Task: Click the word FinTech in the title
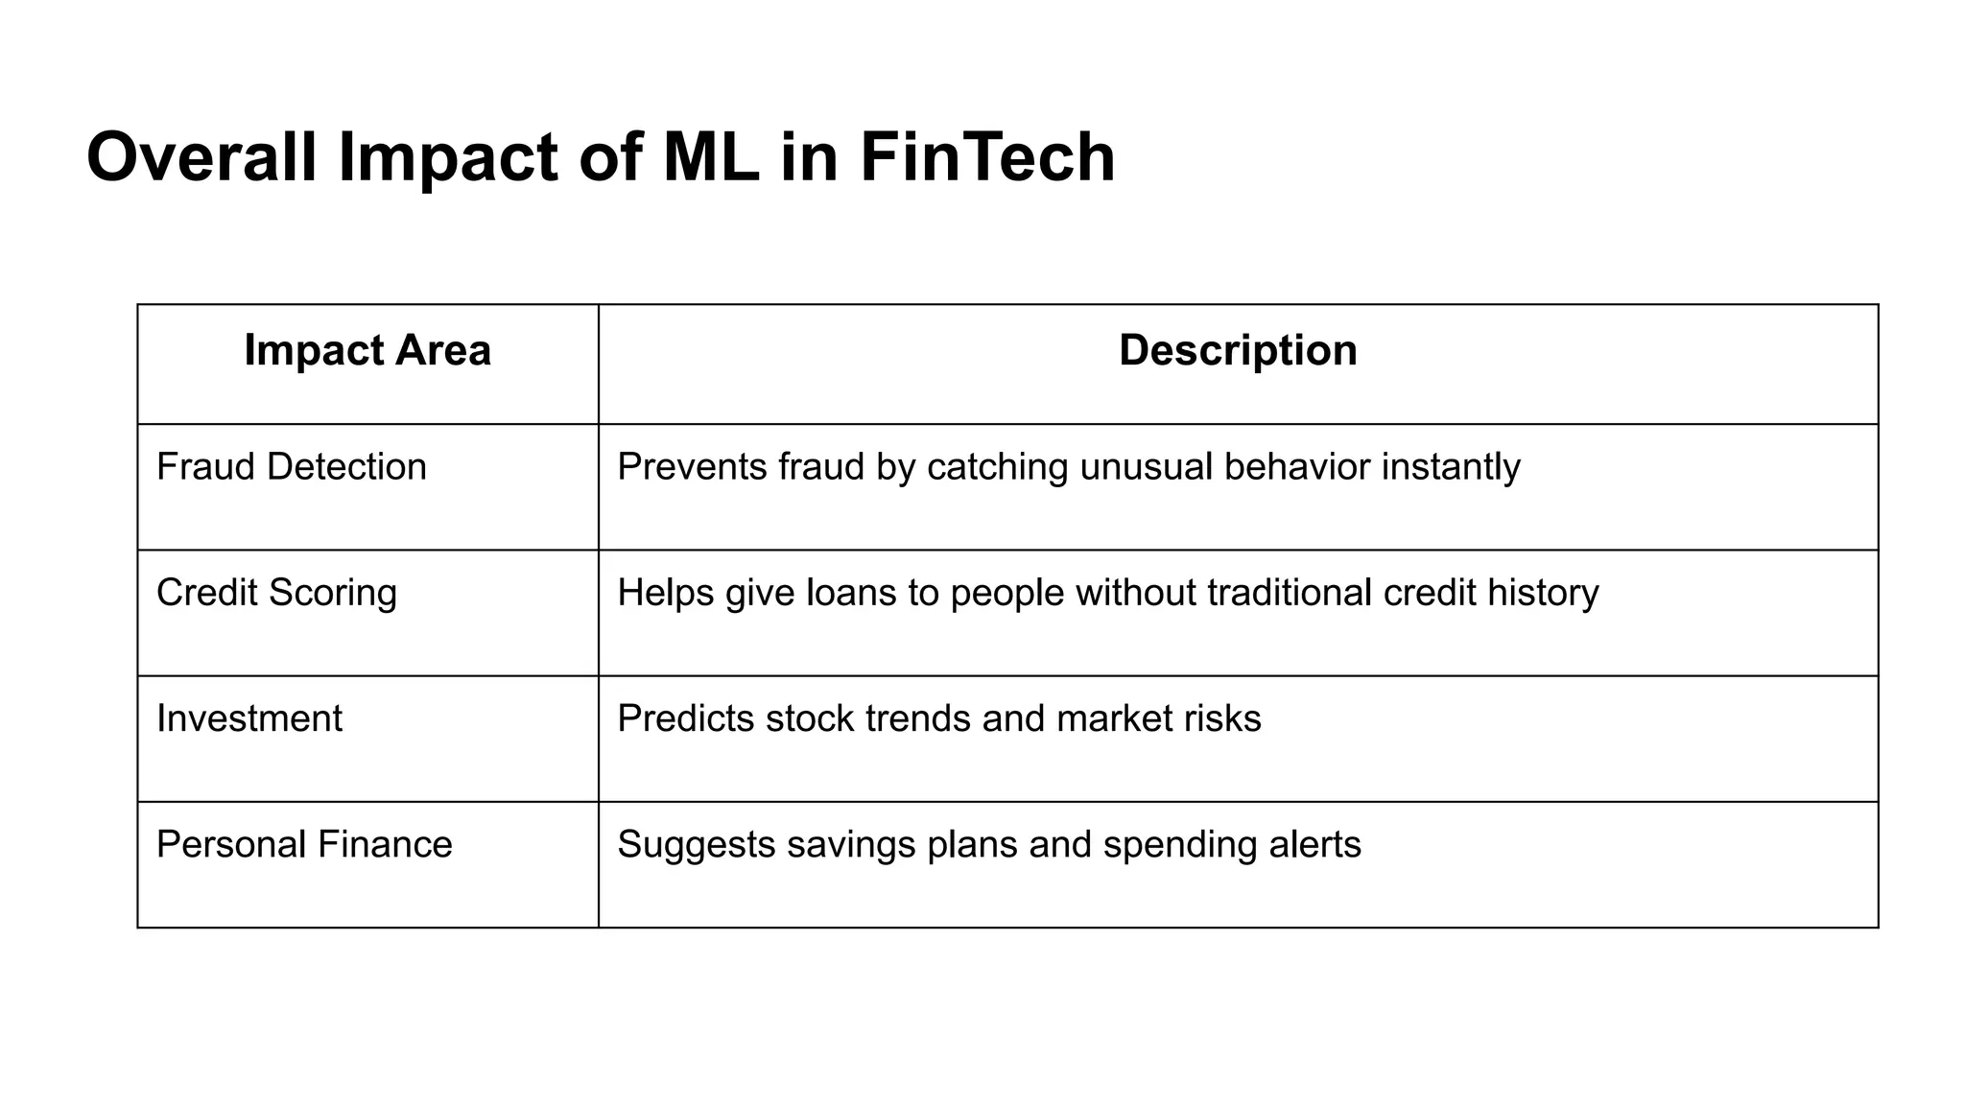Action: tap(987, 157)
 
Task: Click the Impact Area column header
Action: tap(367, 350)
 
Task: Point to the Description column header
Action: tap(1238, 350)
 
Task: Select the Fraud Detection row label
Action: tap(292, 467)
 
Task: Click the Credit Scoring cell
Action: tap(276, 593)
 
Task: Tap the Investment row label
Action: tap(249, 718)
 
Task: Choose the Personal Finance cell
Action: tap(304, 845)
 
